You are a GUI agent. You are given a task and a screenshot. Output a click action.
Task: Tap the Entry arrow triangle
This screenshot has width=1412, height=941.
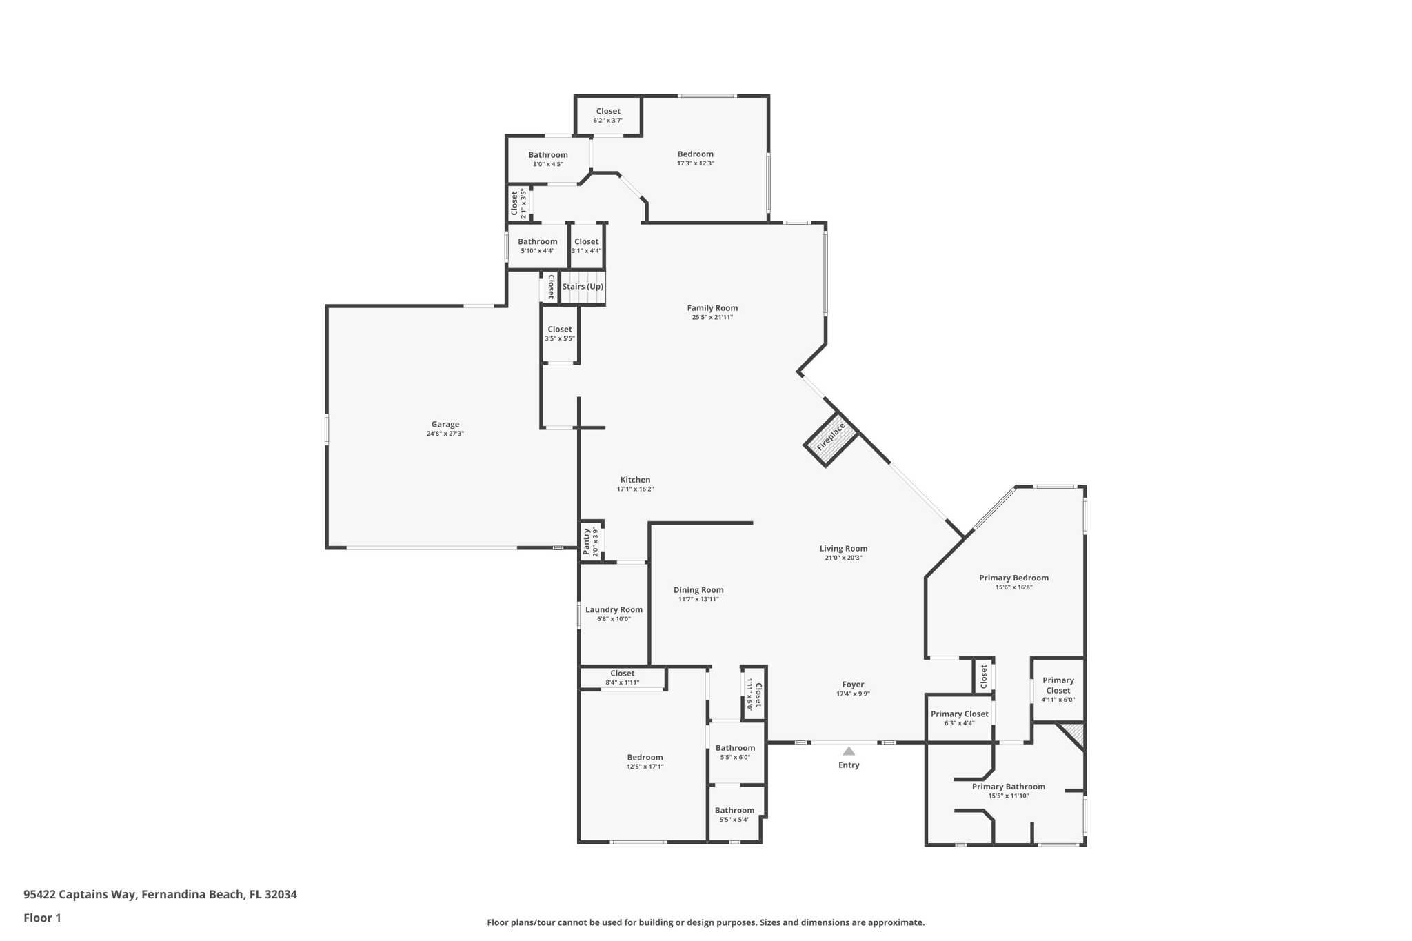coord(849,751)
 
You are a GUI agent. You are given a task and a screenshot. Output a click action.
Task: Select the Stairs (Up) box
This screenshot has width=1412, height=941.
coord(583,287)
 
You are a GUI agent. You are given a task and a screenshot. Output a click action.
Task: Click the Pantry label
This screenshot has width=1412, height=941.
coord(587,541)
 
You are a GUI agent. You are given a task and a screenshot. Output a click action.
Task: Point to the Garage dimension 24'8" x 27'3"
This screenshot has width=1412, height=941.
coord(445,434)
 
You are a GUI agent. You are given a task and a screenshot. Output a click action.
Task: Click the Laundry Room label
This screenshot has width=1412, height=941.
coord(614,609)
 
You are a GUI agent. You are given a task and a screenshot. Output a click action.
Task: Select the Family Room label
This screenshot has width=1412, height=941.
coord(712,308)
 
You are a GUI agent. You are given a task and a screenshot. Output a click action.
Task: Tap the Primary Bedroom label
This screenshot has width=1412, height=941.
coord(1013,578)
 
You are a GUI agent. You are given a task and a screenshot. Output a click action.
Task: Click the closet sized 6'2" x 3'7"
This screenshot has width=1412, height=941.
coord(608,115)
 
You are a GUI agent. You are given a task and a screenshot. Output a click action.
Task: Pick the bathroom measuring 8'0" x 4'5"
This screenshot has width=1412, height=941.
coord(548,159)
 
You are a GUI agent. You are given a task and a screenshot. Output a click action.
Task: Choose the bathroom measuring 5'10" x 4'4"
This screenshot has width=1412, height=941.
coord(537,245)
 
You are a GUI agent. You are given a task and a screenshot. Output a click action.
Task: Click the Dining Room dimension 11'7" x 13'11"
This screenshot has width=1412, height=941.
coord(698,599)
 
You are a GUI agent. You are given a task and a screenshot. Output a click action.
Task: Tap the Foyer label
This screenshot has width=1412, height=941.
coord(853,685)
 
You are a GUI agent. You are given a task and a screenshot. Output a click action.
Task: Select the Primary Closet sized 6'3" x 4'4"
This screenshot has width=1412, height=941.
coord(959,718)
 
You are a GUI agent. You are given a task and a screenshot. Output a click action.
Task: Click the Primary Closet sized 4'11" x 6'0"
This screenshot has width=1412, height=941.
coord(1058,689)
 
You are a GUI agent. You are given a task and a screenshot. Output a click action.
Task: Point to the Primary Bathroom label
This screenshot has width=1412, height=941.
coord(1008,787)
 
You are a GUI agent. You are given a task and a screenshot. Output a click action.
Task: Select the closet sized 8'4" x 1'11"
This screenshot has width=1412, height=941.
coord(622,678)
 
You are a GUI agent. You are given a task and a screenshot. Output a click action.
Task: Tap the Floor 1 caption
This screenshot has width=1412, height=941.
coord(42,918)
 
